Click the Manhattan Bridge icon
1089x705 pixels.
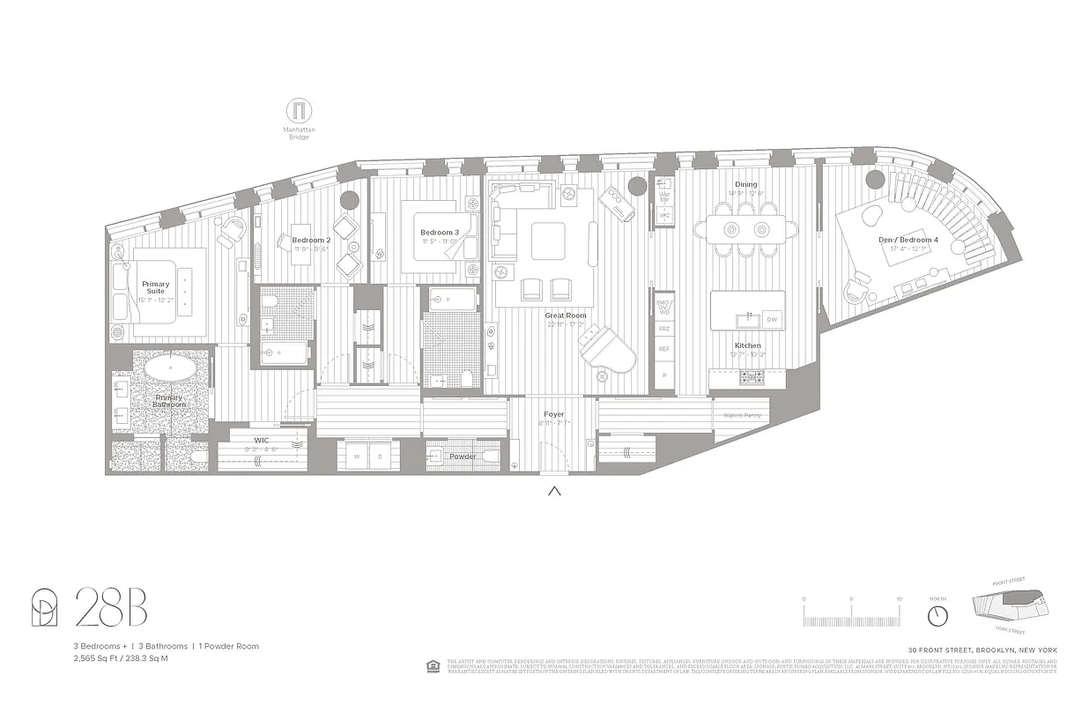(299, 112)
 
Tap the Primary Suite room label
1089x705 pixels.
(156, 287)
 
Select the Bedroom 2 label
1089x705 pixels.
(311, 240)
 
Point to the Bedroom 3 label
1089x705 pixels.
(439, 233)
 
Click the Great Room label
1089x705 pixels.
(566, 315)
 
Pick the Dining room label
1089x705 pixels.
(745, 184)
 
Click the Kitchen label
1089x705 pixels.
(747, 345)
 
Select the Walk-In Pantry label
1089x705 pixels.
(742, 415)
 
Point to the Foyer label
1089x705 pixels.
(553, 414)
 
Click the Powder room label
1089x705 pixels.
(463, 456)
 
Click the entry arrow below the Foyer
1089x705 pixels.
(554, 491)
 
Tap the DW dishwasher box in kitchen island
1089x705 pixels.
(772, 319)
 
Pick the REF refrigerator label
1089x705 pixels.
(663, 349)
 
